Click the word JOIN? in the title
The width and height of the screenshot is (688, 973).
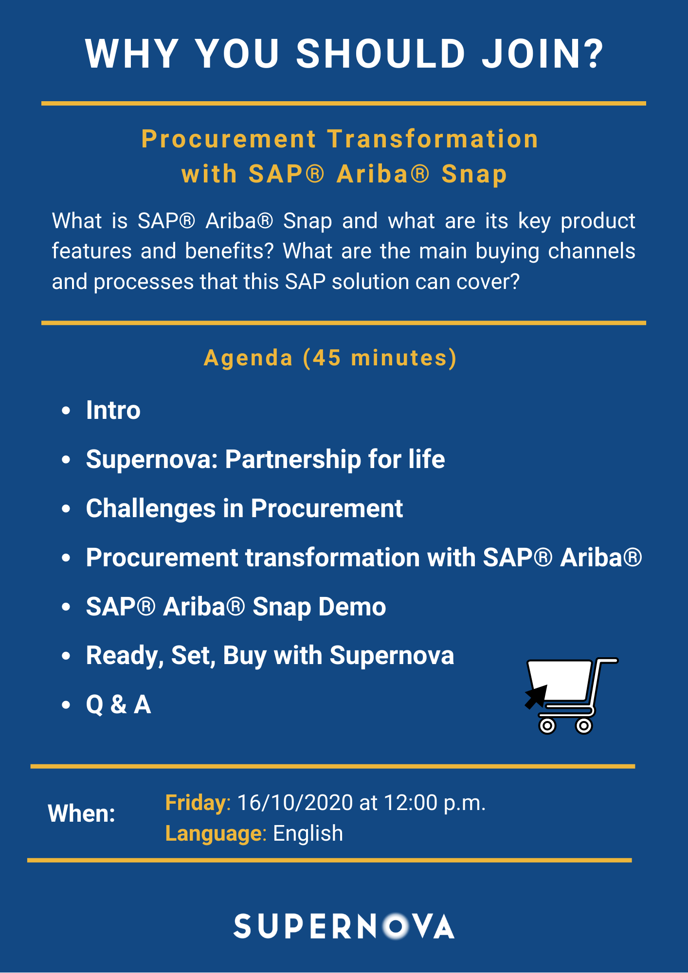(543, 54)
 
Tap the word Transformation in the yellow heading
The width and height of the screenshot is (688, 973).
(433, 139)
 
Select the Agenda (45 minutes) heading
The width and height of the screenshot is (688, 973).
(330, 359)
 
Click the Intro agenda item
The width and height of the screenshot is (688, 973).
(113, 410)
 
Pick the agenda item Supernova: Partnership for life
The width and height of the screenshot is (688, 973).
(265, 459)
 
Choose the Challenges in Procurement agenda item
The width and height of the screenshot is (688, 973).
(244, 508)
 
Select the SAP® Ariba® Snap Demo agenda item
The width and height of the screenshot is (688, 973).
(236, 607)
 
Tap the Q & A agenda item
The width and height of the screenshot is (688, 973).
(118, 704)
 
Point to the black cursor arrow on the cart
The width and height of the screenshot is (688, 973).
(536, 697)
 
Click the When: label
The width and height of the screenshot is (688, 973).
(81, 813)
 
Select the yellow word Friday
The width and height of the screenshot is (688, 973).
(196, 803)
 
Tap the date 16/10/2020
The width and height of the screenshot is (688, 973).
(295, 803)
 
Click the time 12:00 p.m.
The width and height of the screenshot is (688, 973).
(435, 803)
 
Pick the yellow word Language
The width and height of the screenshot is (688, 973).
(214, 834)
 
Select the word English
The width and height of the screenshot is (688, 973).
(308, 833)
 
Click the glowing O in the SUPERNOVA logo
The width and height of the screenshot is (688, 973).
(397, 926)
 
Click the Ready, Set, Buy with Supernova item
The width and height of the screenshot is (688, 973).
(270, 655)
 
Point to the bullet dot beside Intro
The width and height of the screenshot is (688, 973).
(66, 411)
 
